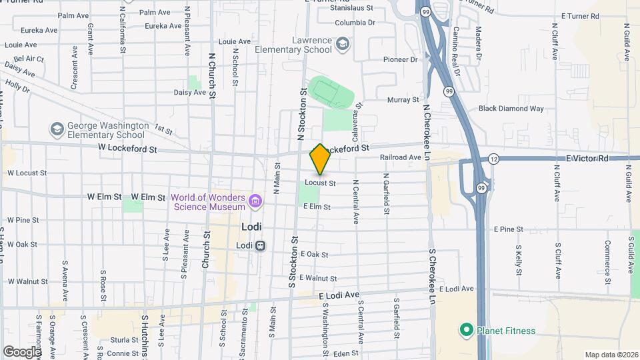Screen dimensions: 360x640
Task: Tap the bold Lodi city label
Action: click(253, 227)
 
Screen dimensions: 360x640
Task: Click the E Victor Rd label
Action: click(587, 159)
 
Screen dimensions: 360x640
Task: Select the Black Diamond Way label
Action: click(511, 109)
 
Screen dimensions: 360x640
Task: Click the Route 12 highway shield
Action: click(493, 159)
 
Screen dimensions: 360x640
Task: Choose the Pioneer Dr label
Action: click(400, 59)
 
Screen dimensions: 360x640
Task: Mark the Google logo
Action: click(23, 351)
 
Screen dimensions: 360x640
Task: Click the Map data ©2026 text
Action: click(611, 355)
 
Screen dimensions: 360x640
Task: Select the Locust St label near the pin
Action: click(319, 182)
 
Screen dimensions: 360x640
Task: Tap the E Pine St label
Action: click(509, 229)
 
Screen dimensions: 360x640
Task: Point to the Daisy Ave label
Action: click(190, 93)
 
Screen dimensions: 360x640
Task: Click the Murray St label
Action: click(403, 100)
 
